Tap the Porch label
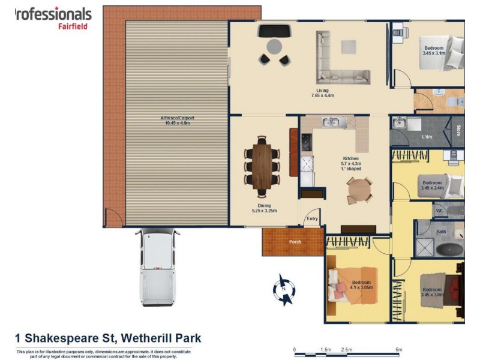coord(294,242)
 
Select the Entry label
coord(312,219)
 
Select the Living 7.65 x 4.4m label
coord(322,93)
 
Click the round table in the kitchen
coord(360,190)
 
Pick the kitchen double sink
coord(331,123)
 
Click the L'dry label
coord(427,137)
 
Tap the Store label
coord(458,130)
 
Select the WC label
coord(439,211)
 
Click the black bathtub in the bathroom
coord(450,250)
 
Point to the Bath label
coord(441,231)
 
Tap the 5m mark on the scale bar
coord(398,349)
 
